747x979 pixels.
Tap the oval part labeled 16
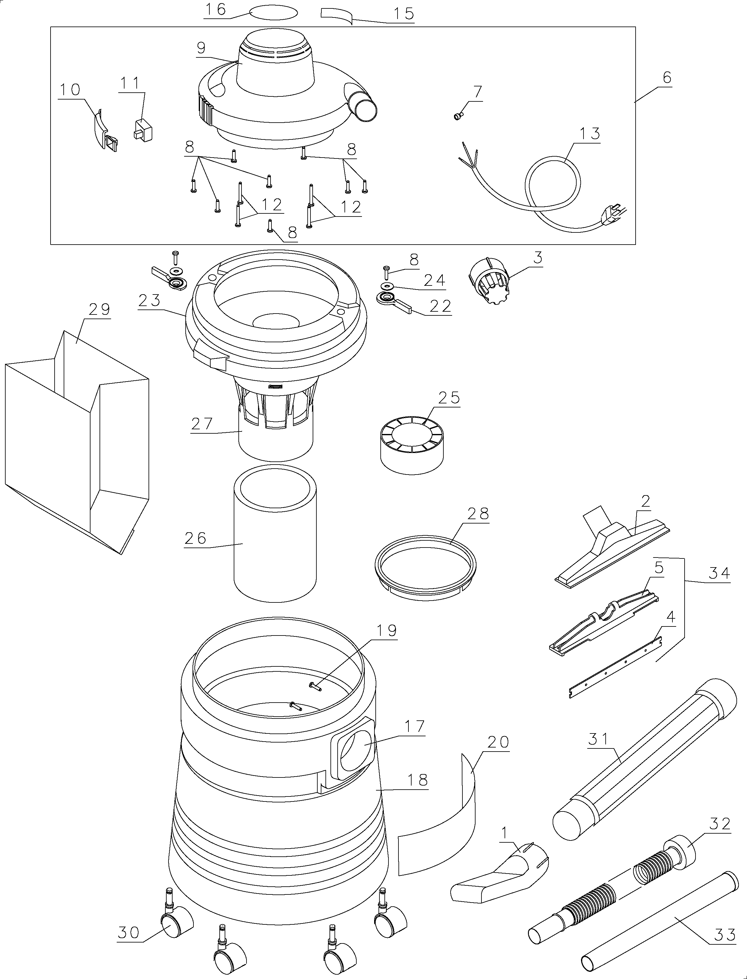pos(274,13)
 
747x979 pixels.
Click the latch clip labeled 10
pos(105,130)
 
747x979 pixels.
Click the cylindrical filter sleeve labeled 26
pos(275,533)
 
